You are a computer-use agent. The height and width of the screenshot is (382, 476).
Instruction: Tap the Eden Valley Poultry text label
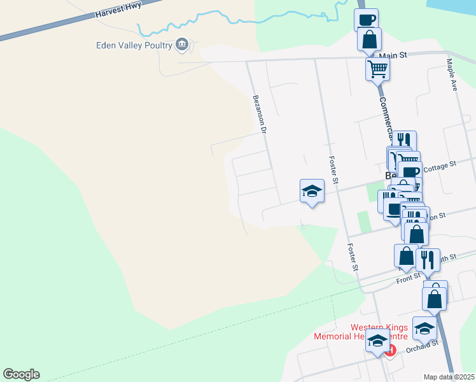coord(134,45)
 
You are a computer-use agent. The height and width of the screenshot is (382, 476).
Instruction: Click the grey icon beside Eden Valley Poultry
coord(182,44)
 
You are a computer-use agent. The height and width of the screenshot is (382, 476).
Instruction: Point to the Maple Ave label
coord(452,75)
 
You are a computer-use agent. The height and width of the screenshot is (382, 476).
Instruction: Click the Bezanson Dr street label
coord(259,114)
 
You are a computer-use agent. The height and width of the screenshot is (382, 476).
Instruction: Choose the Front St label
coord(407,278)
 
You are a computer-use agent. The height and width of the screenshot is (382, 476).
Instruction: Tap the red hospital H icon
coord(389,350)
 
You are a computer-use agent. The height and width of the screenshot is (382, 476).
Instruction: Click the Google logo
coord(21,374)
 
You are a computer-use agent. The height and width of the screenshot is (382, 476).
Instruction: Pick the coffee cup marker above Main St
coord(366,19)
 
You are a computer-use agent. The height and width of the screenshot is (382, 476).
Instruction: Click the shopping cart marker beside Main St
coord(377,68)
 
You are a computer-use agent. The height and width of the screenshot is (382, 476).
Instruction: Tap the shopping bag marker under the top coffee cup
coord(369,39)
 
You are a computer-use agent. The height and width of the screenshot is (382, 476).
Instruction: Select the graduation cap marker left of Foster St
coord(312,190)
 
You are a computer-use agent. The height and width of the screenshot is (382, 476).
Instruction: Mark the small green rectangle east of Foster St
coord(363,222)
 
